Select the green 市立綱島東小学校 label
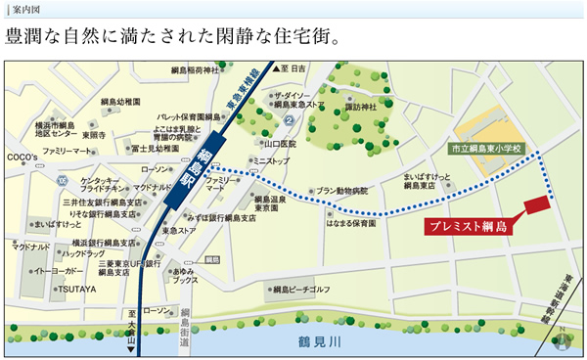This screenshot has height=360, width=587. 487,148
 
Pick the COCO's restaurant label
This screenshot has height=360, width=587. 22,157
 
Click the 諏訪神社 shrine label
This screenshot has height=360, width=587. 362,107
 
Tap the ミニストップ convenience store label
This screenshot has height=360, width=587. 271,159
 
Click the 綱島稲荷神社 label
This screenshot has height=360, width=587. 195,71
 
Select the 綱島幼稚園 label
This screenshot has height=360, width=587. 120,101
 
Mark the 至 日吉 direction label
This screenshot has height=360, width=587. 293,68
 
